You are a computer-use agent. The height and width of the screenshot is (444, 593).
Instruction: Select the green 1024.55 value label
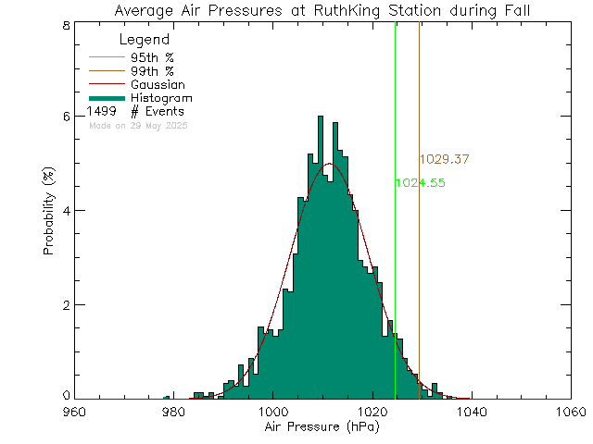pyautogui.click(x=420, y=183)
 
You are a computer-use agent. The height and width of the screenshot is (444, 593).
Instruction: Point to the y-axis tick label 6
pyautogui.click(x=66, y=117)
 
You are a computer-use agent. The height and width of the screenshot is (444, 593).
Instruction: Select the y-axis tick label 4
pyautogui.click(x=66, y=211)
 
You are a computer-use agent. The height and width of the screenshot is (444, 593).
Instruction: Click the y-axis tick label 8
pyautogui.click(x=66, y=25)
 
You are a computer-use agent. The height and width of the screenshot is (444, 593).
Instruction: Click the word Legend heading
pyautogui.click(x=145, y=41)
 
